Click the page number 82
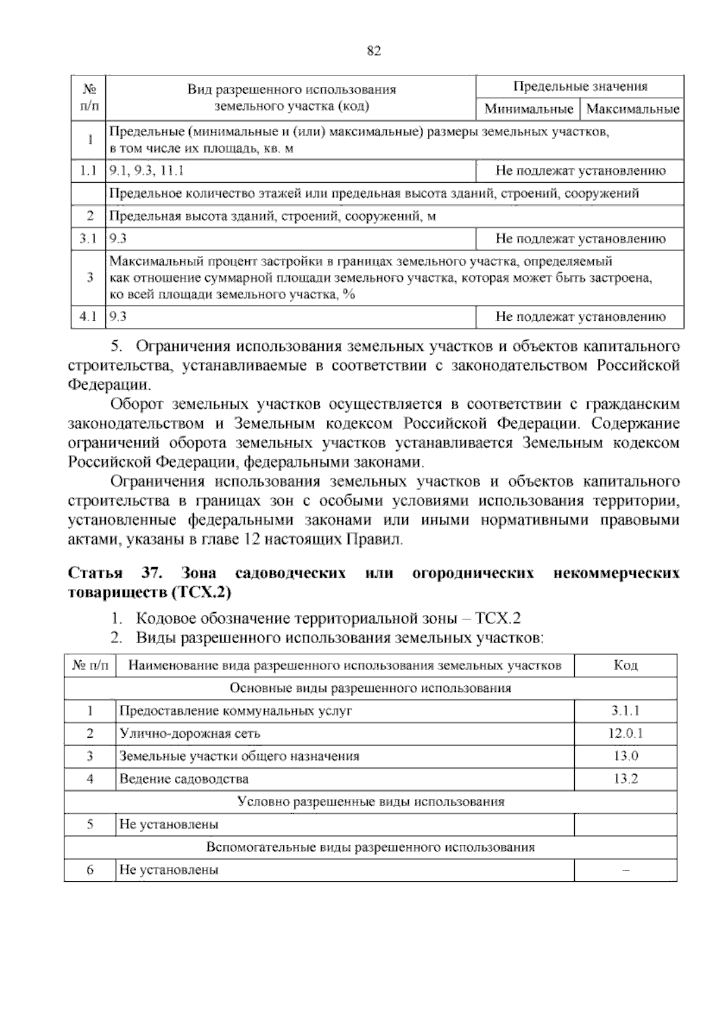[x=374, y=51]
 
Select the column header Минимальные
[x=529, y=109]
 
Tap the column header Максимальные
[x=633, y=109]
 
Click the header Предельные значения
[x=580, y=87]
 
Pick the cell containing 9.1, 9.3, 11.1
[x=147, y=171]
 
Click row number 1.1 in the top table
[x=88, y=171]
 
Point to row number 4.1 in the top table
[x=88, y=317]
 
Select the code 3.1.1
[x=625, y=711]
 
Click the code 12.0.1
[x=625, y=734]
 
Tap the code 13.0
[x=625, y=756]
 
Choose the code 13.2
[x=625, y=779]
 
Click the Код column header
[x=625, y=665]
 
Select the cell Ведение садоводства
[x=184, y=779]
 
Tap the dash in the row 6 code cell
[x=625, y=870]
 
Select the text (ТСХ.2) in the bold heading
[x=200, y=593]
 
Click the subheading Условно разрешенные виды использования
[x=370, y=801]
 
